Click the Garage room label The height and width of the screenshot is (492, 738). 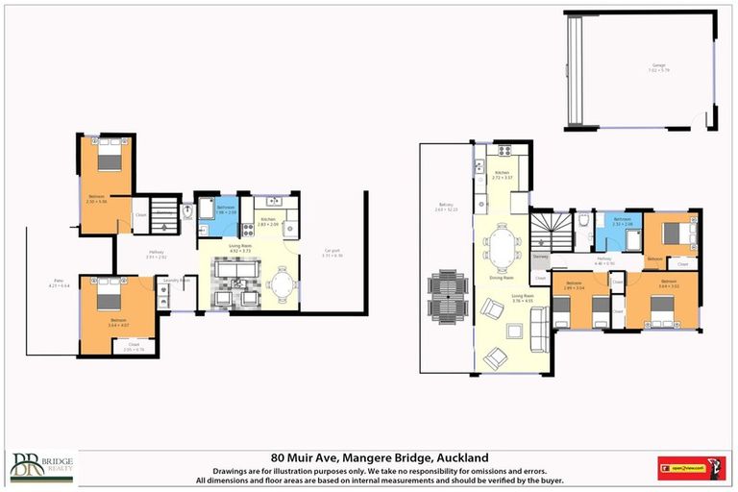pyautogui.click(x=658, y=66)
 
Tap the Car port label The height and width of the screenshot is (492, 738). pyautogui.click(x=331, y=254)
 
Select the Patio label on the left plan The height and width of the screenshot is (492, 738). pyautogui.click(x=59, y=283)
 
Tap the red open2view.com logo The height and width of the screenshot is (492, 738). pyautogui.click(x=691, y=468)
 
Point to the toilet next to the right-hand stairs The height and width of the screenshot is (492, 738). pyautogui.click(x=584, y=220)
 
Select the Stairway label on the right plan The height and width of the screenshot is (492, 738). pyautogui.click(x=540, y=257)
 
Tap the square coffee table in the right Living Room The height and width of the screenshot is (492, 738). pyautogui.click(x=514, y=332)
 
